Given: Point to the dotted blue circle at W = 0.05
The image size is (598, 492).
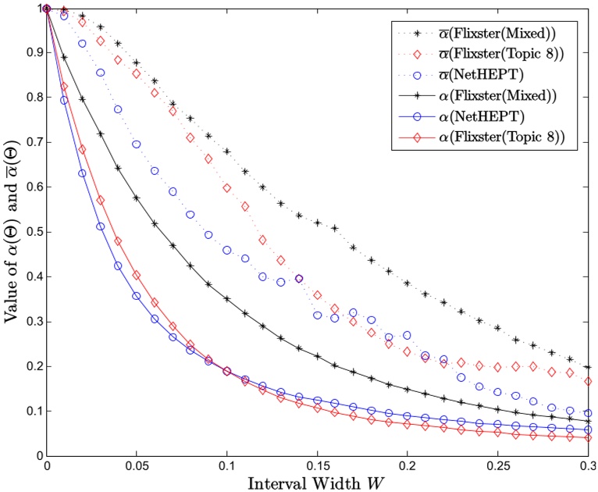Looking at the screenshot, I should (137, 144).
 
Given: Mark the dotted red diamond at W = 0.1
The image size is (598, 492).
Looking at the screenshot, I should (227, 188).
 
